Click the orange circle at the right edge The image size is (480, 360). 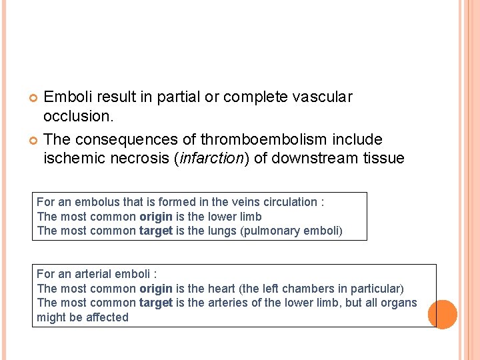442,314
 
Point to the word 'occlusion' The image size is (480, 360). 77,116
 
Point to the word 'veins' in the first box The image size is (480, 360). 226,202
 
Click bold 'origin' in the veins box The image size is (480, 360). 156,217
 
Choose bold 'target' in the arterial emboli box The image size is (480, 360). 156,303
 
